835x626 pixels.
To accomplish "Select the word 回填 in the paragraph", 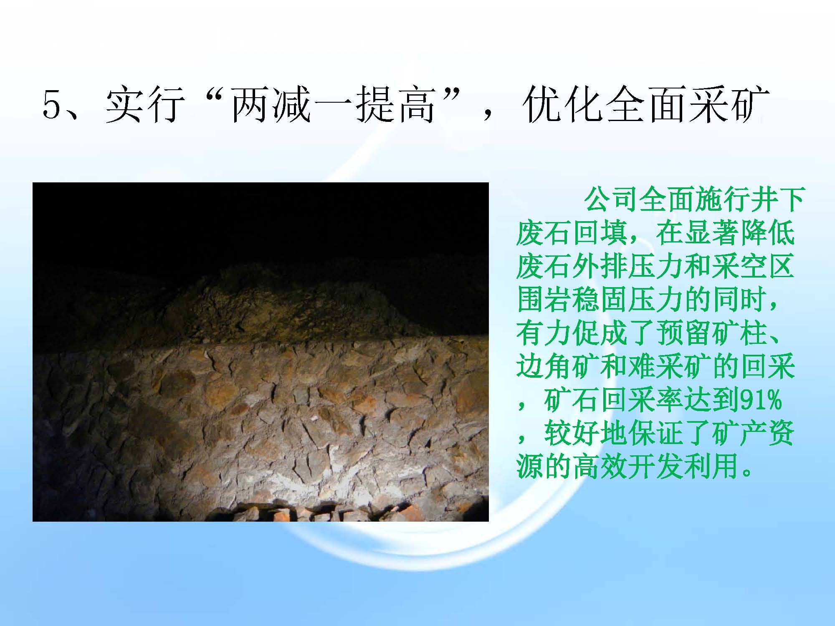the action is (600, 233).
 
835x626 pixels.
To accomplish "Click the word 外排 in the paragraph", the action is (600, 266).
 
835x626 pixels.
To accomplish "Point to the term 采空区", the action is (752, 266).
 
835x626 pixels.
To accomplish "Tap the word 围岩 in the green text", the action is (544, 300).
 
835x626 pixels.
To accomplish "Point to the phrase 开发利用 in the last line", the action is (683, 467).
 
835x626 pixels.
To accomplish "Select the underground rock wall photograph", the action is (261, 352).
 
